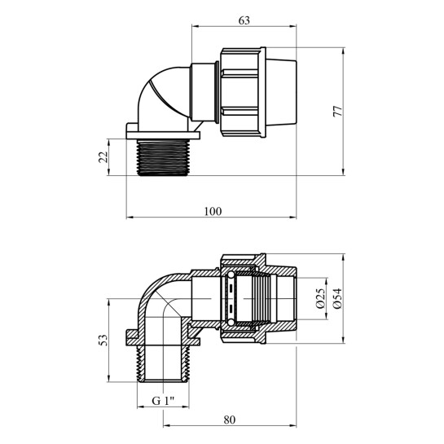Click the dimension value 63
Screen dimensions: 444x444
pyautogui.click(x=244, y=20)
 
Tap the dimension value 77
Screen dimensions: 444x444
pyautogui.click(x=337, y=112)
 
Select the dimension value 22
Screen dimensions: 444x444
pyautogui.click(x=103, y=157)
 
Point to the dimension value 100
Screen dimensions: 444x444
pyautogui.click(x=213, y=212)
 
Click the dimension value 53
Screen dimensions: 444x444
pyautogui.click(x=103, y=340)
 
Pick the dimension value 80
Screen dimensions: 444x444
pyautogui.click(x=230, y=420)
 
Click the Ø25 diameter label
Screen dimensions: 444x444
pyautogui.click(x=321, y=298)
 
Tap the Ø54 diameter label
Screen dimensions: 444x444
pyautogui.click(x=337, y=298)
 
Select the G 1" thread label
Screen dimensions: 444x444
pyautogui.click(x=163, y=401)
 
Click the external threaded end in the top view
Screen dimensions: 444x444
pyautogui.click(x=163, y=157)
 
